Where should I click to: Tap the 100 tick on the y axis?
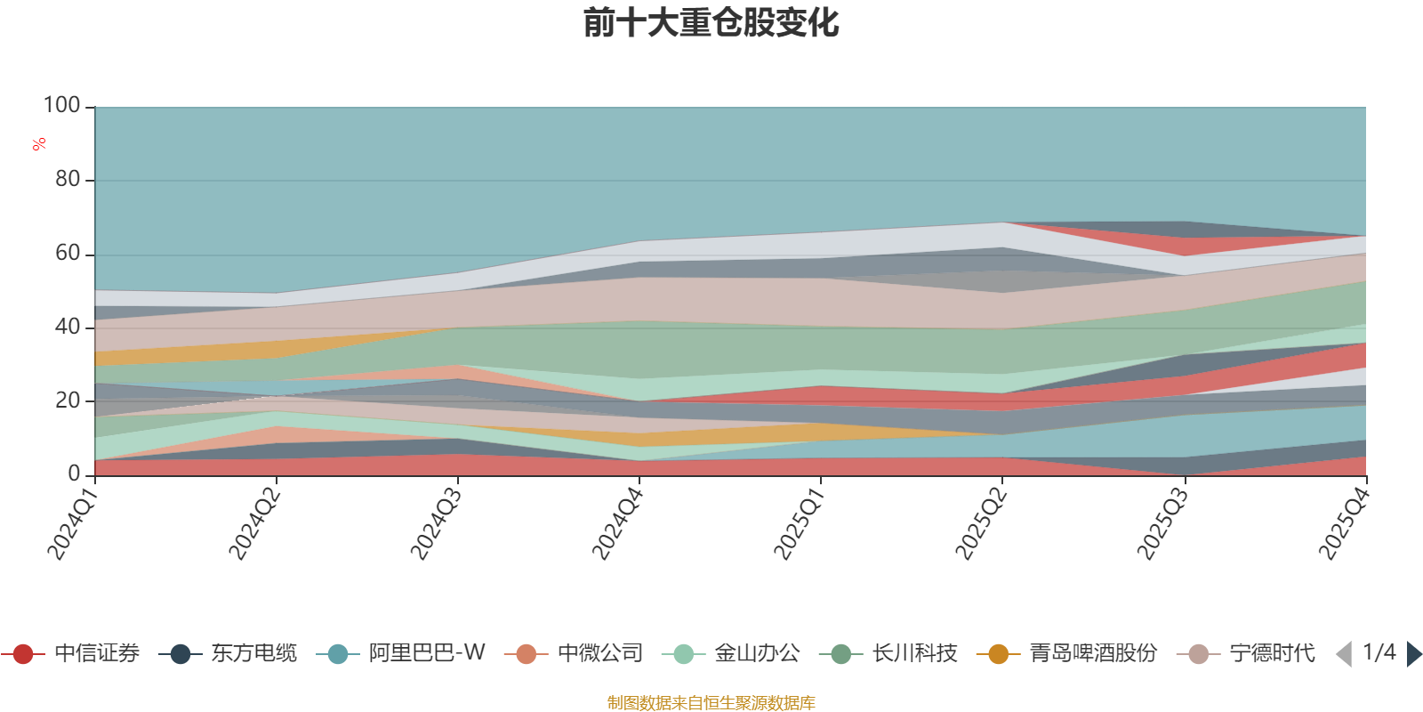[62, 106]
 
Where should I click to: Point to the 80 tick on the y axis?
[68, 180]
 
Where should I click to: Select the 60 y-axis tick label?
[68, 254]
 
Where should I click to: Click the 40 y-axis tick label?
[68, 328]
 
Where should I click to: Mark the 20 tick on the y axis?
[68, 400]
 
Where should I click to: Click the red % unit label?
[39, 144]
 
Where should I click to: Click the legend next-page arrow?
[1414, 654]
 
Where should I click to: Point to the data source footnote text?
[711, 703]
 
